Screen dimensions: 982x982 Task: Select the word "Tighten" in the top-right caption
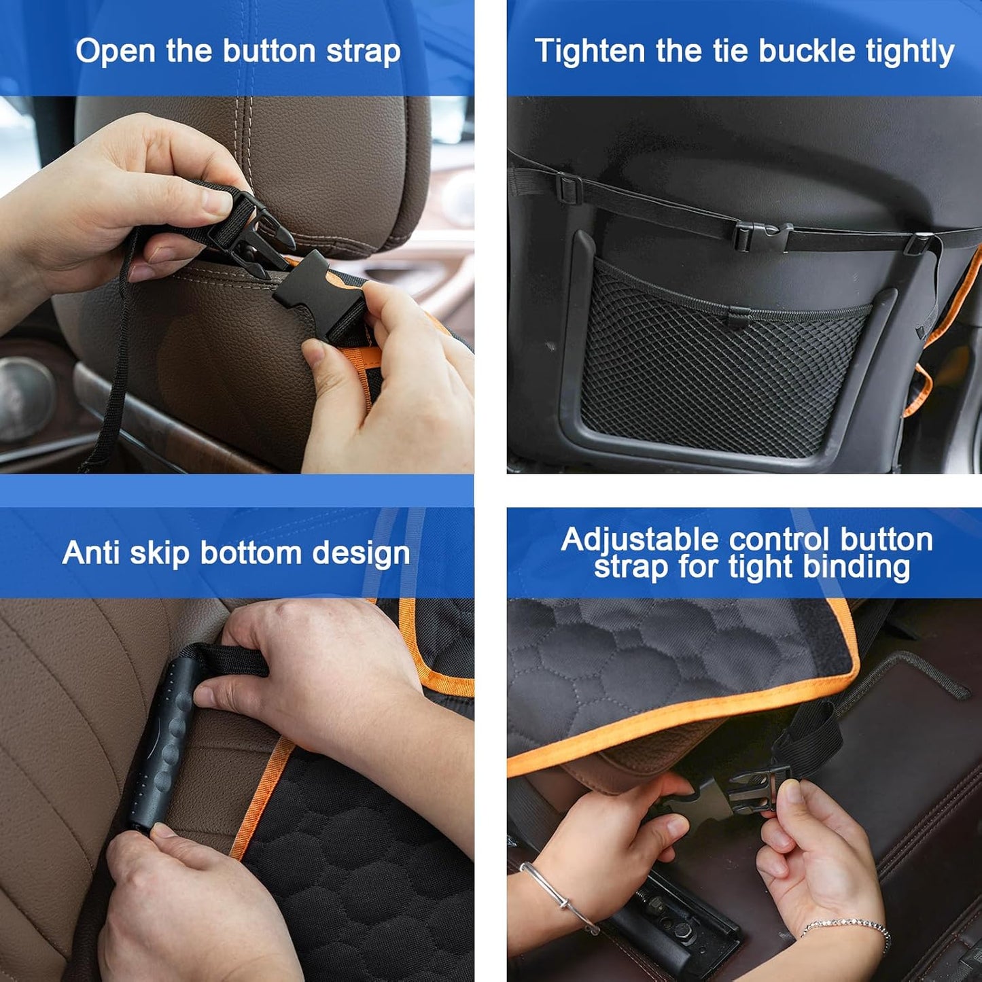589,52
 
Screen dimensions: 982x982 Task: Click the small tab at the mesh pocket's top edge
739,315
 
